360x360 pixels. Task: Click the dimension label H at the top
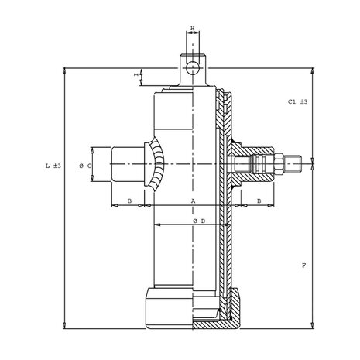193,28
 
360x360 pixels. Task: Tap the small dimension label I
136,74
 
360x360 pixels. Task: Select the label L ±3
53,166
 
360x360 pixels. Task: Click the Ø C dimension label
85,166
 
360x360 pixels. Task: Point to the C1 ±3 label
297,101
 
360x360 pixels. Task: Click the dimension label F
304,266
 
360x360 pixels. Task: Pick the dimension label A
193,201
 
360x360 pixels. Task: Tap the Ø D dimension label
199,221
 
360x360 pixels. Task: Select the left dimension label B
129,201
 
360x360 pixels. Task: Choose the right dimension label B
259,201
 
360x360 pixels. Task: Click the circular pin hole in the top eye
193,68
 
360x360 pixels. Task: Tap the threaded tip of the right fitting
293,163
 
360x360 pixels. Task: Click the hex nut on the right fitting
279,163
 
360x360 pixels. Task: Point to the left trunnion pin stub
128,164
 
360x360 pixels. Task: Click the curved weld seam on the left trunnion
156,164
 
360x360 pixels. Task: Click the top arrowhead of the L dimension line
64,70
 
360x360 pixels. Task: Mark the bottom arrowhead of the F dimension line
313,326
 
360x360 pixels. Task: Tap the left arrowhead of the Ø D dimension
157,225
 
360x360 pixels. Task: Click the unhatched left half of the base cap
169,308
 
